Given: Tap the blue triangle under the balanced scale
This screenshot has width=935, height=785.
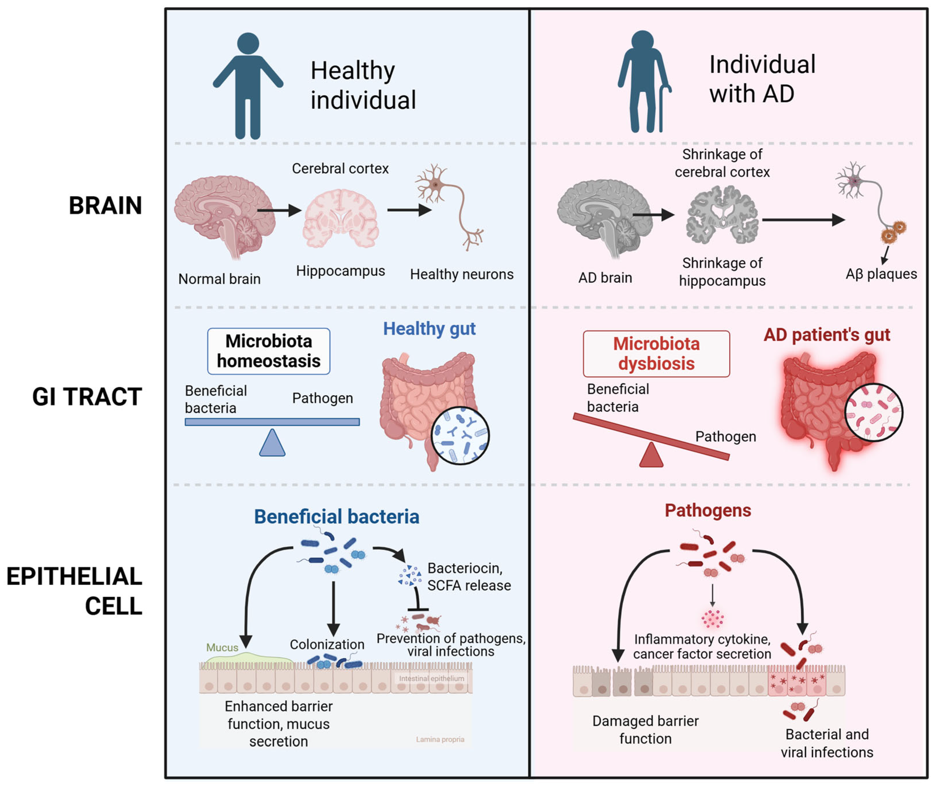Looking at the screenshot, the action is (x=272, y=443).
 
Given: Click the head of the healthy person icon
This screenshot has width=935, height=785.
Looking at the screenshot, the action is (x=248, y=44).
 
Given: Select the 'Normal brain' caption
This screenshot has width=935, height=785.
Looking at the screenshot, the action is (x=220, y=279).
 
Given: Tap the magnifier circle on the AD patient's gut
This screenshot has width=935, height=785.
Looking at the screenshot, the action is (x=874, y=412).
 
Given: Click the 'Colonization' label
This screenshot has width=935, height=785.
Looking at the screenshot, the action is (x=327, y=644).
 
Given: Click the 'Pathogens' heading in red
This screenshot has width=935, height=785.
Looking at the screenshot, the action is (x=708, y=511).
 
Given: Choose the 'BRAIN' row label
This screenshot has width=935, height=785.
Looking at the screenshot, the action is (x=105, y=206).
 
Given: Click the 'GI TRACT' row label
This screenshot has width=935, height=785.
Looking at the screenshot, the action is (x=87, y=397).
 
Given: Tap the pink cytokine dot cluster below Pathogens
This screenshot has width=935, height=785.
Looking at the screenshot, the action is (x=712, y=618).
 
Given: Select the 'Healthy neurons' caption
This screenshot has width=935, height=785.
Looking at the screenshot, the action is (x=462, y=274).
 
